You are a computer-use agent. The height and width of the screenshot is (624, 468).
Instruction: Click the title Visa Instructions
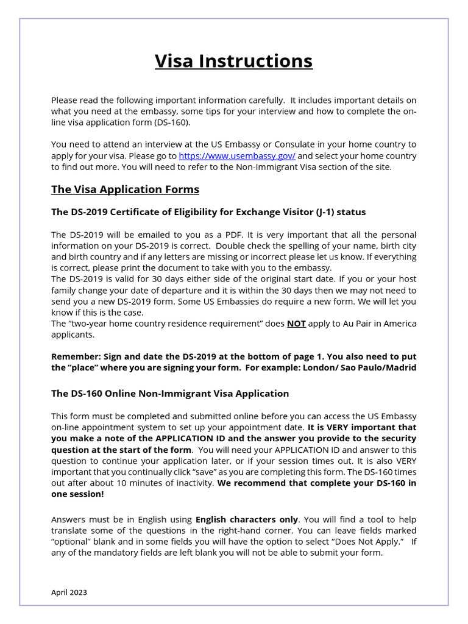click(233, 61)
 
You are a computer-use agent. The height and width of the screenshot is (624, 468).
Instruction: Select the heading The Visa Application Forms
click(125, 190)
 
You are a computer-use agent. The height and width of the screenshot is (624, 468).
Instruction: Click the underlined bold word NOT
click(296, 324)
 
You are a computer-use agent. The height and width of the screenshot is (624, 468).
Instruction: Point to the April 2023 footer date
click(69, 592)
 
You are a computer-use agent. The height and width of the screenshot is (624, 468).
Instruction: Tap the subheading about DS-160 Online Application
click(170, 394)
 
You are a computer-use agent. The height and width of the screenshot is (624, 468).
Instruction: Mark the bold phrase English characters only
click(247, 520)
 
